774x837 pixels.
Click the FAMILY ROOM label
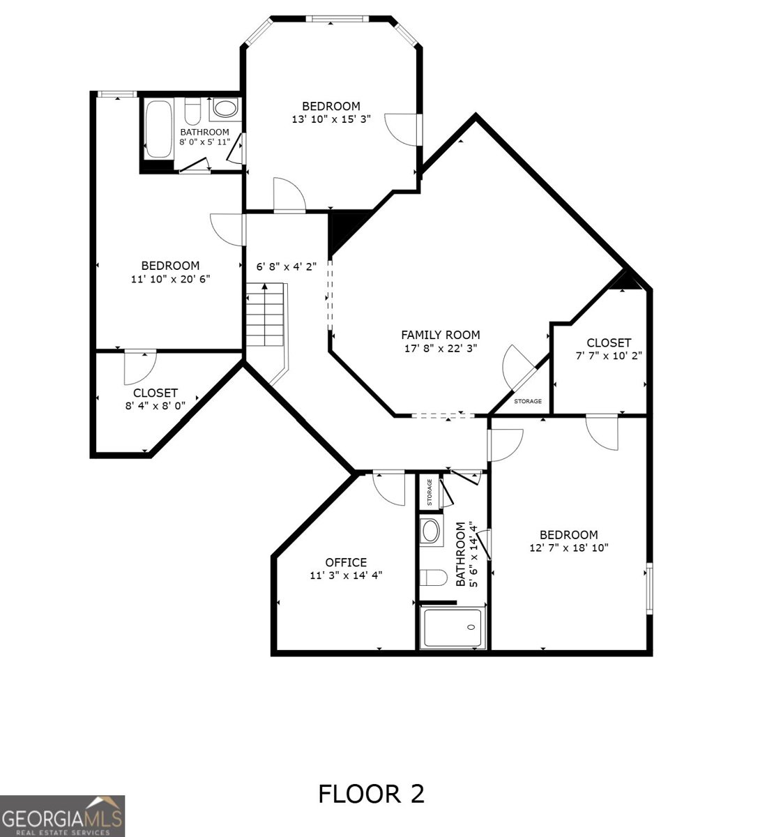440,335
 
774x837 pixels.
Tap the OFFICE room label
346,563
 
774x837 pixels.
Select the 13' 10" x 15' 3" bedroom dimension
331,119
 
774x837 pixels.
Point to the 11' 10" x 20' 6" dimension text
171,279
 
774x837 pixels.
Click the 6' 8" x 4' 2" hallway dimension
287,266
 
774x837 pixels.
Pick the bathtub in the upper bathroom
158,129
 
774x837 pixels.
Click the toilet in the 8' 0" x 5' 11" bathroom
193,112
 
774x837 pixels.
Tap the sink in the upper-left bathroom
225,108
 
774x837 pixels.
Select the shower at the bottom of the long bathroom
453,628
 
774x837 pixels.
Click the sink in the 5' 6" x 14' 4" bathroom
430,531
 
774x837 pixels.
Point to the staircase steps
264,315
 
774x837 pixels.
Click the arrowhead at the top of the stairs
264,287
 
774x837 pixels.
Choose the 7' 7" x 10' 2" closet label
609,349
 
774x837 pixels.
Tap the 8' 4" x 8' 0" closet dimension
155,406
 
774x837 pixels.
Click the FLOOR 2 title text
371,794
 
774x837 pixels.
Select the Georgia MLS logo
62,816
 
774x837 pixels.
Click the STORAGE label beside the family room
528,401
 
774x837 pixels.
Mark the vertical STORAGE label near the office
430,492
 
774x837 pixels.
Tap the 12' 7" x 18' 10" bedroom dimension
569,548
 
